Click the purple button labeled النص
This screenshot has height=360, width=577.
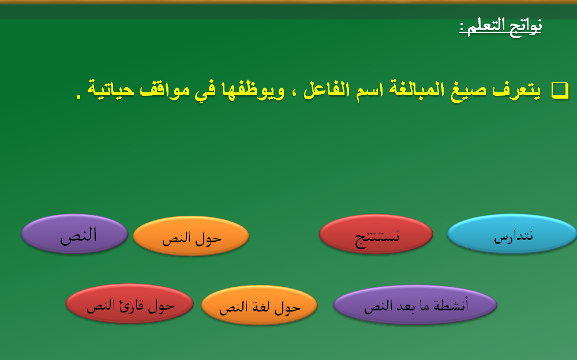coord(74,234)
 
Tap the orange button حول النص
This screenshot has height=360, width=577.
coord(191,236)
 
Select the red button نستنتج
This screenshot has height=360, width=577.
coord(376,234)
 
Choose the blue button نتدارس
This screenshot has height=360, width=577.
coord(512,234)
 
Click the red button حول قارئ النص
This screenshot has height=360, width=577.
coord(129,303)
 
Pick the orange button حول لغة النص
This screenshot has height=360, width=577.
coord(260,305)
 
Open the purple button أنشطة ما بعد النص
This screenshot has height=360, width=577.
coord(415,305)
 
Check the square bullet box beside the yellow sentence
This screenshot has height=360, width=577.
coord(560,90)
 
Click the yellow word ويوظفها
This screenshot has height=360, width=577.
coord(253,90)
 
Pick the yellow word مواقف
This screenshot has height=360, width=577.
coord(164,90)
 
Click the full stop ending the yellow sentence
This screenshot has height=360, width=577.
coord(78,96)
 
